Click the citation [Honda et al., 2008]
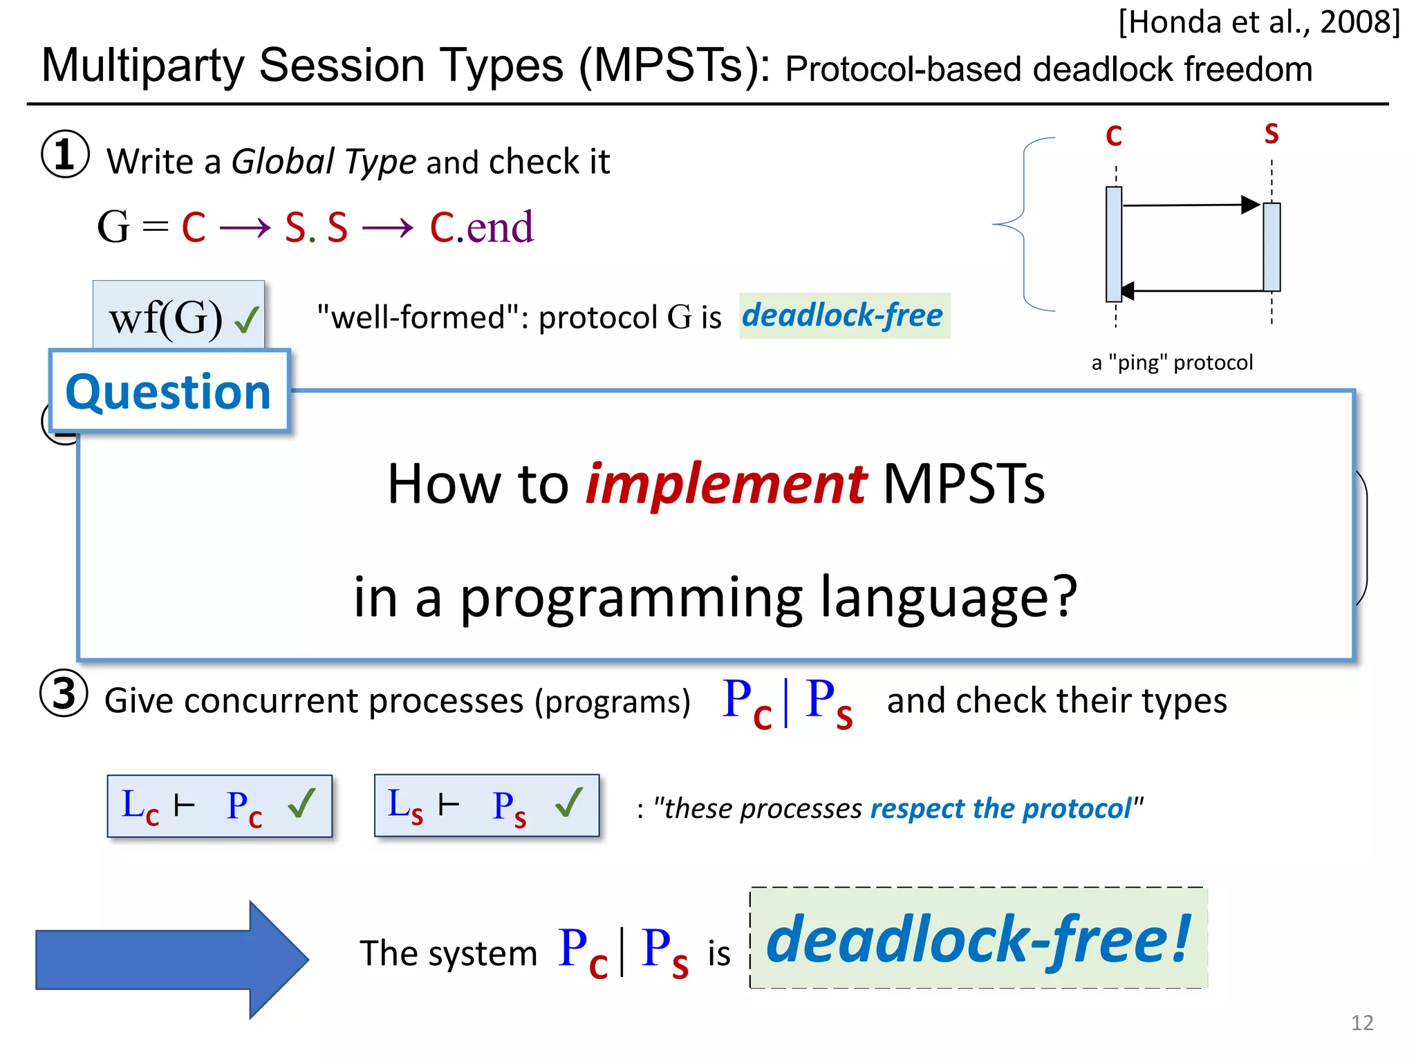point(1259,22)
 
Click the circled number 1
point(65,154)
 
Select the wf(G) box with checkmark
point(179,317)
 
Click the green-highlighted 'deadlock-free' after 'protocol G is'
point(843,316)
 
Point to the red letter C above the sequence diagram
point(1113,136)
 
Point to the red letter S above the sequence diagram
point(1271,133)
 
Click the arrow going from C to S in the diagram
point(1189,205)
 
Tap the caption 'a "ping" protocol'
point(1172,362)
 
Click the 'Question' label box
point(169,391)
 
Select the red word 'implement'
point(725,483)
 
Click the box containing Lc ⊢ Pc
point(220,806)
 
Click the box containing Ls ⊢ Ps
point(487,806)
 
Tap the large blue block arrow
point(171,960)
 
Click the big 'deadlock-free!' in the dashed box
point(978,938)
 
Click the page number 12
point(1361,1023)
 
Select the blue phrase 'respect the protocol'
point(1000,808)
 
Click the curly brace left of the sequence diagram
point(1022,224)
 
